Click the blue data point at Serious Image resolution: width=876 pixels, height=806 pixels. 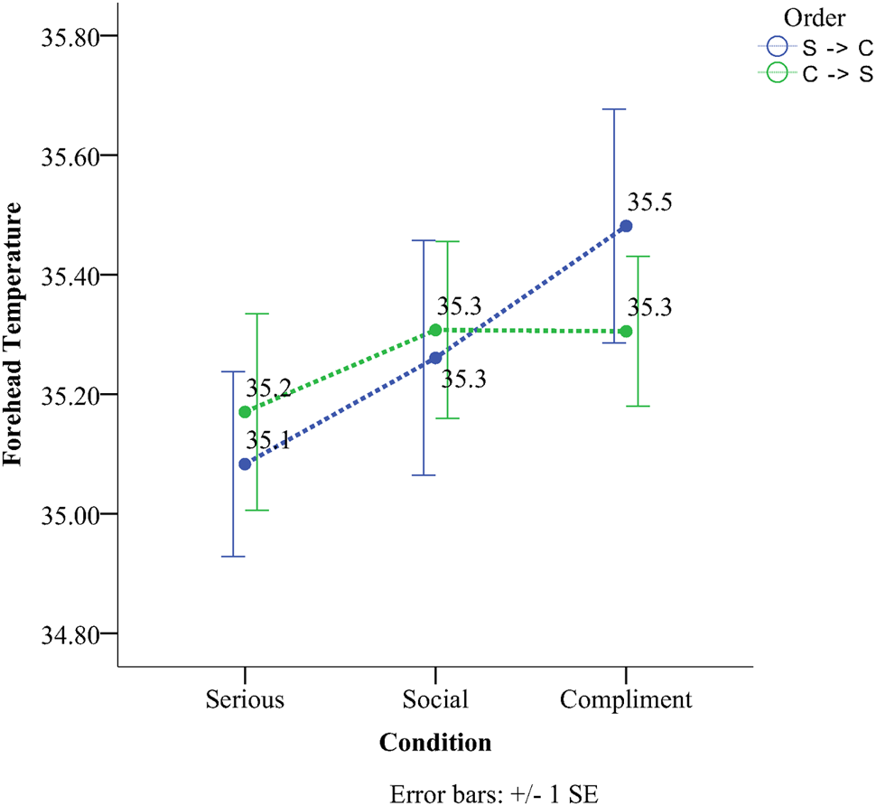pyautogui.click(x=245, y=464)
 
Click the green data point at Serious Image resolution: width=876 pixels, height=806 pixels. pyautogui.click(x=245, y=412)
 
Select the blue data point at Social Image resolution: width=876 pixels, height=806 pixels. pyautogui.click(x=435, y=358)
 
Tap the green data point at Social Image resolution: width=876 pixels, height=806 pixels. pyautogui.click(x=435, y=330)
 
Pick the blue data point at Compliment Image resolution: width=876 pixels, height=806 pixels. pyautogui.click(x=626, y=226)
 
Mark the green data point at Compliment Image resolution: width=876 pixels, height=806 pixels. pyautogui.click(x=626, y=332)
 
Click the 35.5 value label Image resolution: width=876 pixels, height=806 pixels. pyautogui.click(x=650, y=202)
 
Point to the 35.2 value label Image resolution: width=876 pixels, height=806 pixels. pyautogui.click(x=268, y=389)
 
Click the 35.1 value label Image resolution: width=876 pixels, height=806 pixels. pyautogui.click(x=268, y=441)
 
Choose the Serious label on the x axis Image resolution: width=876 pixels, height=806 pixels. pyautogui.click(x=245, y=700)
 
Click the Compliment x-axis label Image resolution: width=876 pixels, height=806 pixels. pyautogui.click(x=626, y=700)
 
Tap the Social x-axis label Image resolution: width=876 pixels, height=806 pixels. pyautogui.click(x=435, y=700)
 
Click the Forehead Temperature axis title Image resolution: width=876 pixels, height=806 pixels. pyautogui.click(x=13, y=333)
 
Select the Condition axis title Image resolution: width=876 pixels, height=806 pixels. pyautogui.click(x=435, y=743)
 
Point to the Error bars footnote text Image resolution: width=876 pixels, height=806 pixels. pyautogui.click(x=494, y=793)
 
